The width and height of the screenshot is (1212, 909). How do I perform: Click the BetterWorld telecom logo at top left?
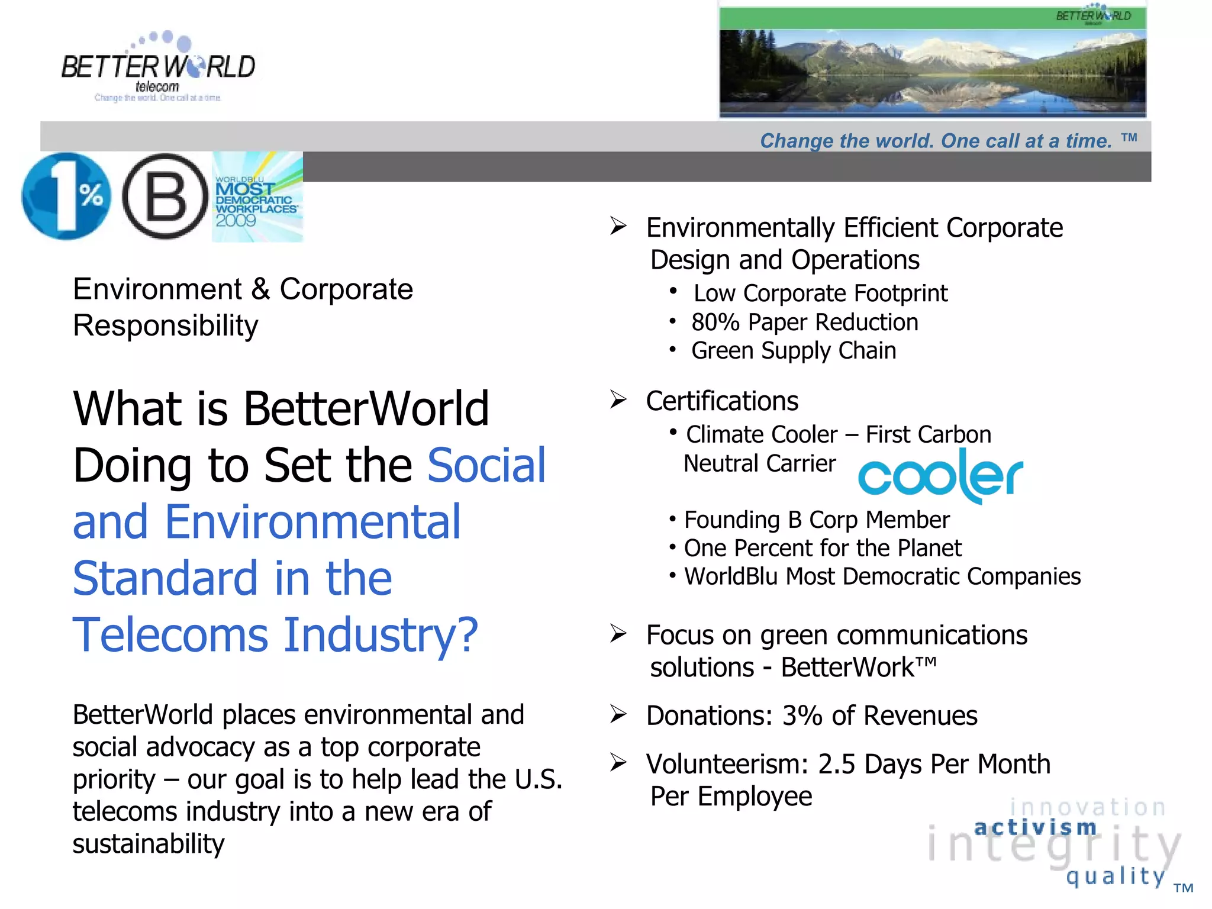tap(158, 67)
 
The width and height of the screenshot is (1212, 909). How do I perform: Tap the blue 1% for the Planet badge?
tap(66, 196)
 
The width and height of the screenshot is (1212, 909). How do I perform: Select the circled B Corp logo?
tap(165, 196)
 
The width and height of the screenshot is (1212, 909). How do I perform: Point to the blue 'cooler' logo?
tap(940, 476)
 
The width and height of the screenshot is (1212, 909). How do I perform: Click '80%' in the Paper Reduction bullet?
tap(715, 323)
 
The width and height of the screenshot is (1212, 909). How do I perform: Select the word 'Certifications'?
tap(722, 401)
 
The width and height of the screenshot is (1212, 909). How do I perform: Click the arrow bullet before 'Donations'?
tap(618, 714)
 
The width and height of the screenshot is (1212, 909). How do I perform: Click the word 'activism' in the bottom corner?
tap(1036, 827)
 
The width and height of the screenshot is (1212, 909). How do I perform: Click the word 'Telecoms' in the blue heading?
tap(170, 635)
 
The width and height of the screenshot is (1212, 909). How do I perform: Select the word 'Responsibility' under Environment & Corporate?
tap(166, 325)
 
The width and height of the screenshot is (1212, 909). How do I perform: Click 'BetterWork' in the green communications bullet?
tap(847, 668)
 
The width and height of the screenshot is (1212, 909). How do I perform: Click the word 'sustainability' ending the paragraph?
tap(149, 843)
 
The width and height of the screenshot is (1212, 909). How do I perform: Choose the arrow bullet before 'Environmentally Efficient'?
tap(618, 226)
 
